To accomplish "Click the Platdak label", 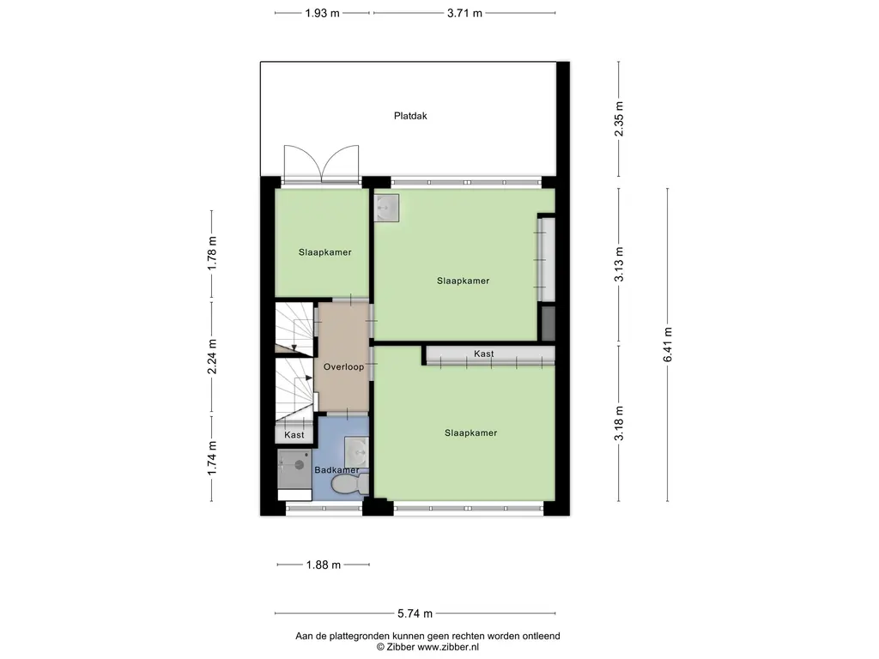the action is (x=410, y=116).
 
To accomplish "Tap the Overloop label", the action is (x=343, y=367).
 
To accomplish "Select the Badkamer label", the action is (x=336, y=470).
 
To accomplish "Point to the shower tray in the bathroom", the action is (x=295, y=468).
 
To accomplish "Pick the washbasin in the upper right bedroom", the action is (x=386, y=208).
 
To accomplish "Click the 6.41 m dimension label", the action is (x=667, y=344).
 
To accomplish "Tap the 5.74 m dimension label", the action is (x=415, y=614).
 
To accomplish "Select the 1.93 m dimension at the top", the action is (x=323, y=14).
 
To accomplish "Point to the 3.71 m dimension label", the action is (x=464, y=14).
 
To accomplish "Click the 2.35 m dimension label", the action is (x=619, y=118).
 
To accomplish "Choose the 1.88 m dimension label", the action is (x=324, y=565).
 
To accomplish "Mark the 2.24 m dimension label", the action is (x=212, y=356).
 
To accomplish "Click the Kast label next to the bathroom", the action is (x=294, y=435).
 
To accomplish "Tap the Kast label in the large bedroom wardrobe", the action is (x=484, y=354).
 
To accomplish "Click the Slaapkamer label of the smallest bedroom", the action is (x=325, y=252).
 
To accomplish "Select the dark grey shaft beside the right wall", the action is (x=549, y=323).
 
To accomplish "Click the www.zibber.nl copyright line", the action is (x=427, y=647).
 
